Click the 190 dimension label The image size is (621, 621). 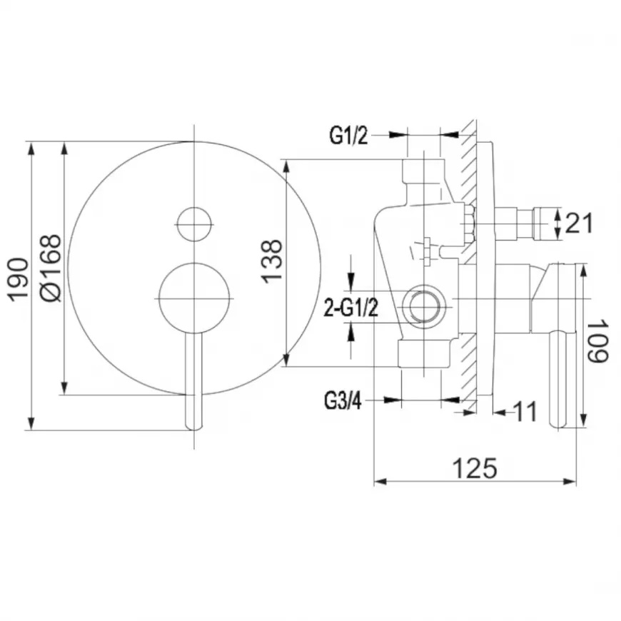(x=19, y=280)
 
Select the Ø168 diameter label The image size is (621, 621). (x=51, y=268)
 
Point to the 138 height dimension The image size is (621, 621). (x=272, y=261)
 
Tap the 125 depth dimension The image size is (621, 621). (x=474, y=468)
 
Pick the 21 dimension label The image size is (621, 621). (x=580, y=223)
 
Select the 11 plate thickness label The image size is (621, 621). (x=525, y=411)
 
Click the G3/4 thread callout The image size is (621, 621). (x=343, y=401)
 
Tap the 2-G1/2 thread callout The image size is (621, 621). (x=351, y=308)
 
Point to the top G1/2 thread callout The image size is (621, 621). (x=348, y=136)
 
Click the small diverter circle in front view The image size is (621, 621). (x=194, y=224)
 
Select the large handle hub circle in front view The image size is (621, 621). (x=194, y=298)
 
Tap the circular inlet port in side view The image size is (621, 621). (x=424, y=306)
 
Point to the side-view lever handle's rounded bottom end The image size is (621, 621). (x=559, y=423)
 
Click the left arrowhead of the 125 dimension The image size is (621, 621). (x=380, y=482)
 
